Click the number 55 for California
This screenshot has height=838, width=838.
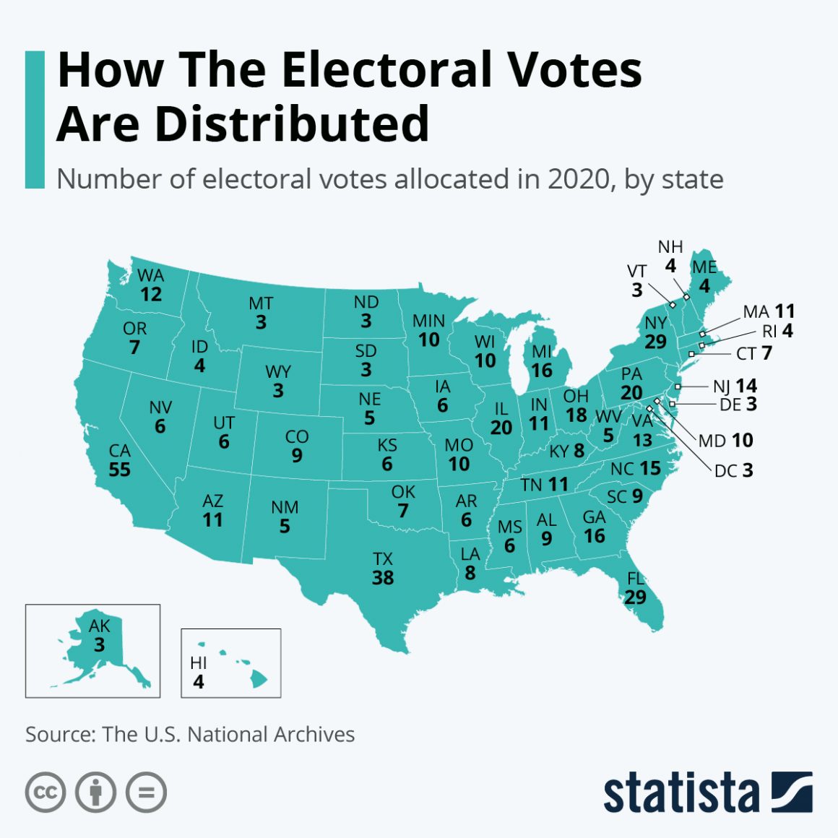(x=119, y=470)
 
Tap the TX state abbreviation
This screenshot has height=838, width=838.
(x=383, y=558)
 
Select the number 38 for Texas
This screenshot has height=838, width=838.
(x=383, y=578)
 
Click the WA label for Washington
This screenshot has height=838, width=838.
(x=151, y=275)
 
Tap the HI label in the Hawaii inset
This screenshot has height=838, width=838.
(x=199, y=662)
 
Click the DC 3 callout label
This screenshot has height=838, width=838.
(x=733, y=471)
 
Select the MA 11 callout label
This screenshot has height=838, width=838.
(x=769, y=311)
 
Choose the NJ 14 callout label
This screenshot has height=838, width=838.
(x=735, y=386)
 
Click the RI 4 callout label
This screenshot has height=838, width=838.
(x=777, y=331)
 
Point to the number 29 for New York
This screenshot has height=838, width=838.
(x=655, y=341)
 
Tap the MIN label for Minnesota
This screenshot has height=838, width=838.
(x=428, y=321)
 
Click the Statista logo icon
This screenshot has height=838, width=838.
(x=792, y=792)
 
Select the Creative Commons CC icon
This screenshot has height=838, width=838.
(x=46, y=792)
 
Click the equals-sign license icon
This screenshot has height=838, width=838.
(x=146, y=792)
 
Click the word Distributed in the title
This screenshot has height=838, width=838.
(x=292, y=124)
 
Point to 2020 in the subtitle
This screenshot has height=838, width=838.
(x=577, y=179)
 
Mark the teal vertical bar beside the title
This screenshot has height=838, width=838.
(x=35, y=119)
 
